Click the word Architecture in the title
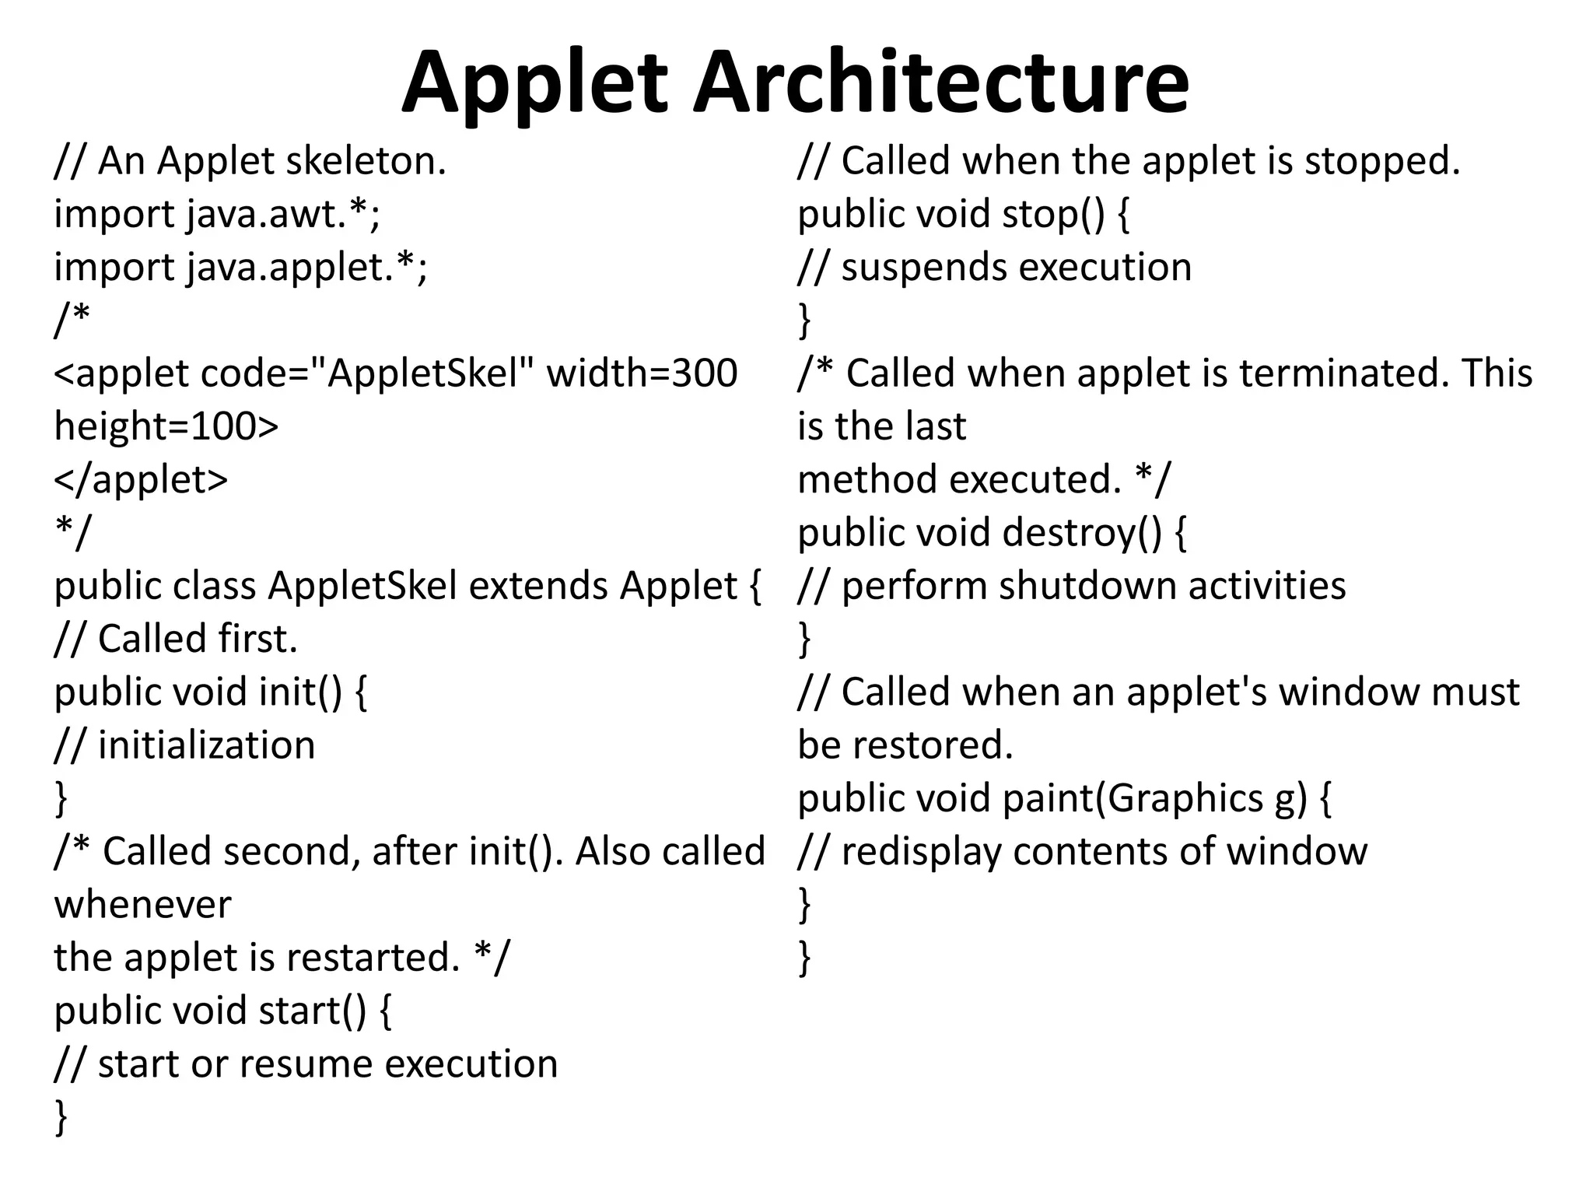[940, 82]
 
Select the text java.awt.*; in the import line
[284, 215]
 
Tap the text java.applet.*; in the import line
[307, 268]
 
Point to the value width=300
[642, 373]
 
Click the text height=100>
[166, 426]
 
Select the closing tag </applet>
[141, 480]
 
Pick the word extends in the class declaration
[537, 586]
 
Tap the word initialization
[206, 745]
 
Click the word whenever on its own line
[142, 905]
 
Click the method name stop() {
[1066, 215]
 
